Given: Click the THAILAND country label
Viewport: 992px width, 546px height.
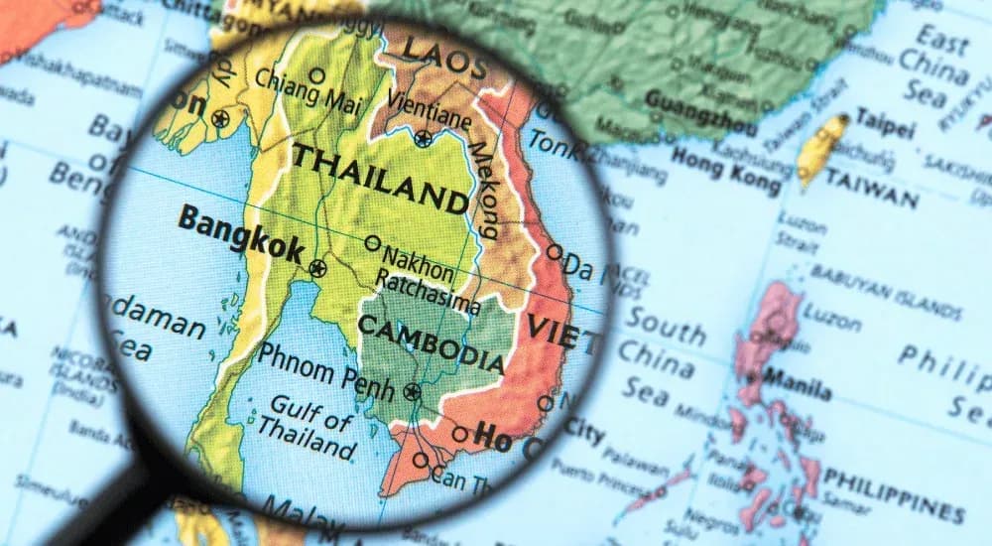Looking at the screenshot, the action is pos(380,179).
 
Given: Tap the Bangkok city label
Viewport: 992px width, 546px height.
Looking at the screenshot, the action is pos(240,233).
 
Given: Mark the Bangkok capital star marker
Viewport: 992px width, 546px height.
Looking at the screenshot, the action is pos(317,267).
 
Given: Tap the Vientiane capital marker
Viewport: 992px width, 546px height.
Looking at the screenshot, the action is pos(424,139).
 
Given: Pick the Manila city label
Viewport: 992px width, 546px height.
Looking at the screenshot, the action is pos(800,385).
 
